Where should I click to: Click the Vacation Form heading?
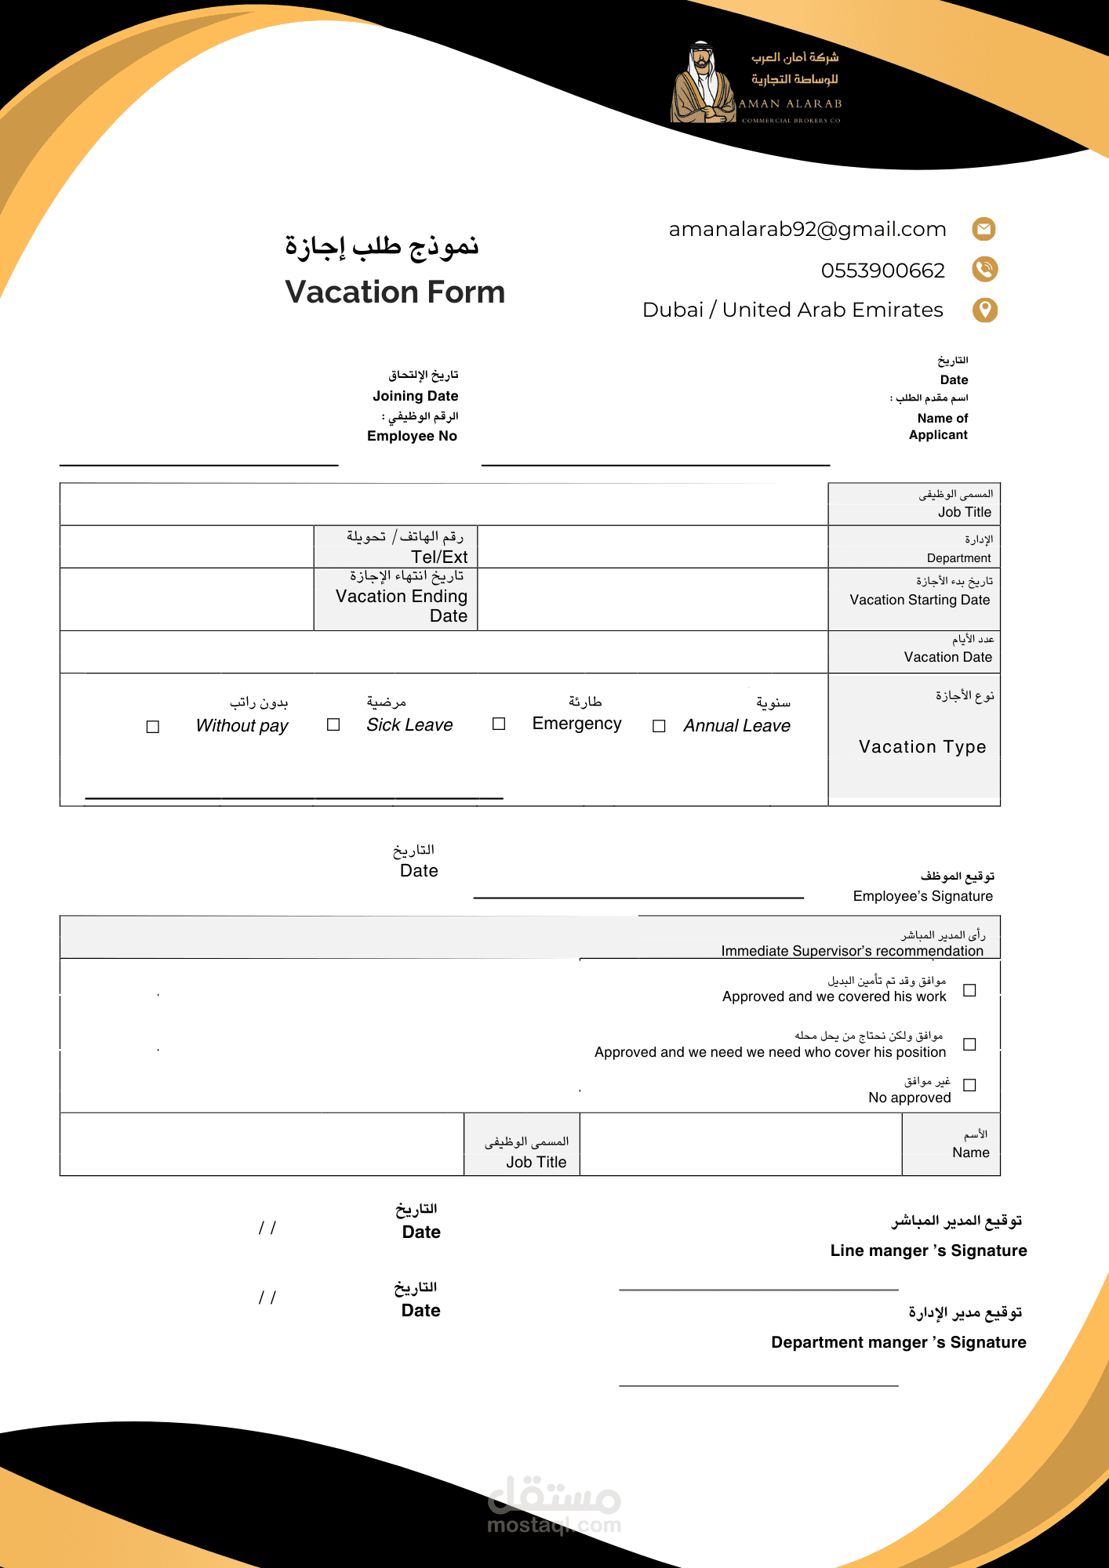[x=395, y=292]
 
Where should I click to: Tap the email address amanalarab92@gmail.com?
[x=807, y=229]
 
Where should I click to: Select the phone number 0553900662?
[x=882, y=270]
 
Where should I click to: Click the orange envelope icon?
[x=984, y=229]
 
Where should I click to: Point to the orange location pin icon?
[x=985, y=310]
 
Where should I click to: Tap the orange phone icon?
[x=984, y=269]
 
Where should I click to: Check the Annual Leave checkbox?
[x=659, y=726]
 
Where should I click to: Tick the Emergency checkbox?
[x=499, y=724]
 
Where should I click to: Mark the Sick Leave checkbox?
[x=333, y=724]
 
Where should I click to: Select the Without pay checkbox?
[x=153, y=727]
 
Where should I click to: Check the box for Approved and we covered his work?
[x=969, y=990]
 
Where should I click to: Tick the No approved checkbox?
[x=969, y=1085]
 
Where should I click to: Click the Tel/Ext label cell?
[x=396, y=547]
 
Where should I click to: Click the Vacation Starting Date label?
[x=919, y=600]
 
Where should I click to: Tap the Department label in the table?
[x=958, y=558]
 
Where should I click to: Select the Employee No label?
[x=412, y=436]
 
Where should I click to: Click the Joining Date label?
[x=415, y=396]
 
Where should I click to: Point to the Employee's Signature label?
[x=922, y=896]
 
